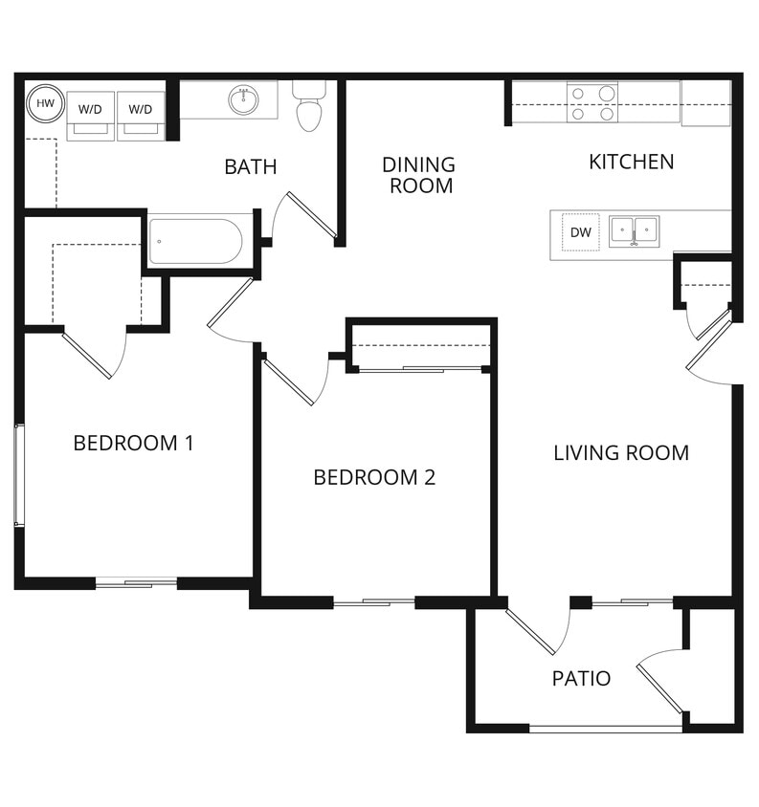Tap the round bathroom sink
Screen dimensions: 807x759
[243, 98]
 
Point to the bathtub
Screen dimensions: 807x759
[195, 242]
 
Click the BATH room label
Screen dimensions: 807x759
[250, 167]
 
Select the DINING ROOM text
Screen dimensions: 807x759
[420, 175]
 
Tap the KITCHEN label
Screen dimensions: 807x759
[631, 162]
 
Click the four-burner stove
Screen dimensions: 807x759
[592, 103]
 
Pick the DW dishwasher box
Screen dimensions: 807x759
[581, 232]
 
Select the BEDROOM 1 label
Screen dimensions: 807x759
[133, 443]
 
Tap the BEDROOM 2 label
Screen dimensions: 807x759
[374, 477]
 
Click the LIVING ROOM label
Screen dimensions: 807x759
[620, 452]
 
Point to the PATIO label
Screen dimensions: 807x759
[581, 679]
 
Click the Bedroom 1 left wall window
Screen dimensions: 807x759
[17, 474]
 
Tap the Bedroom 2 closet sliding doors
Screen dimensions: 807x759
[421, 368]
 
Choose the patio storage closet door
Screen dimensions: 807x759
[660, 681]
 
